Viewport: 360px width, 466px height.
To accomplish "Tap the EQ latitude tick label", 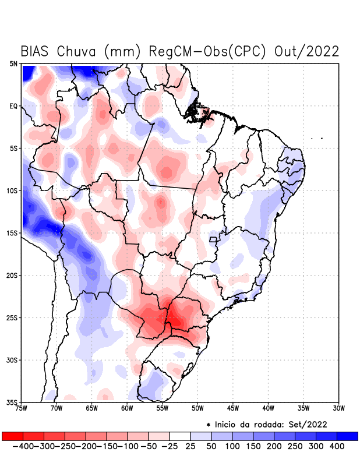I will pos(13,106).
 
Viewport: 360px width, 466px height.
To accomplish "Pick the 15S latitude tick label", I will pos(12,233).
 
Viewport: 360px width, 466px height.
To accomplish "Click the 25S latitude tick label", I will pos(12,317).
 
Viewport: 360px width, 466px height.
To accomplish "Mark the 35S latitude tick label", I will pos(12,403).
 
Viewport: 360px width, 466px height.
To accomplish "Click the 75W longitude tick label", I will pos(22,408).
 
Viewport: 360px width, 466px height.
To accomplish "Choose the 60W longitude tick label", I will pos(128,408).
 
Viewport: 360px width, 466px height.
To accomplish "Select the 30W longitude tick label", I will pos(338,408).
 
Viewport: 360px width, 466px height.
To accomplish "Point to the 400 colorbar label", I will pos(337,446).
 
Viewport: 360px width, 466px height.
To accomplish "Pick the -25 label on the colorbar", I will pos(170,446).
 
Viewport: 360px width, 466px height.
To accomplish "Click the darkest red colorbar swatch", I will pos(12,436).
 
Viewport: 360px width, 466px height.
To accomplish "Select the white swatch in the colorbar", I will pos(180,436).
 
